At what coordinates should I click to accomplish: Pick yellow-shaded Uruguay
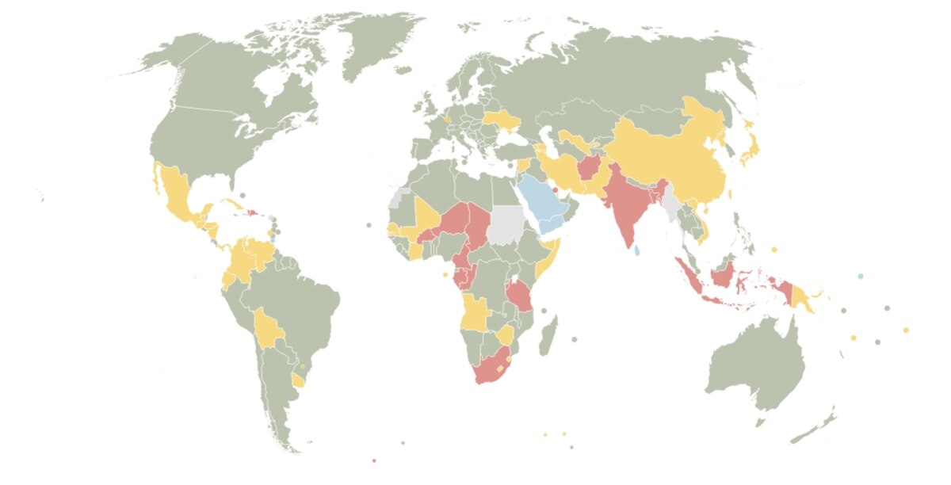click(x=298, y=380)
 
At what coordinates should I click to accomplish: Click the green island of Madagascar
click(x=547, y=335)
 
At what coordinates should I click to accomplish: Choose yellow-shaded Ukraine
click(x=502, y=120)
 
